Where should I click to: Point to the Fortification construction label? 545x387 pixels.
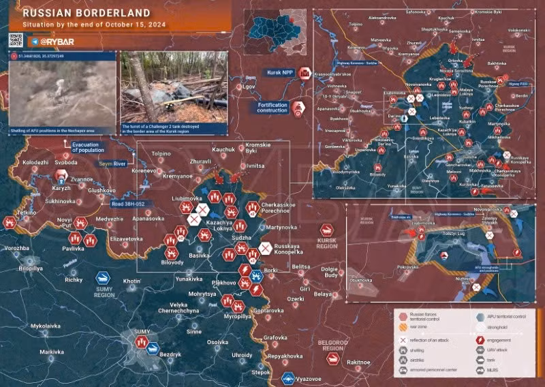272,108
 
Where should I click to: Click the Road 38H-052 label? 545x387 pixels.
128,202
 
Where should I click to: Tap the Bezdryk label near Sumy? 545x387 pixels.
170,355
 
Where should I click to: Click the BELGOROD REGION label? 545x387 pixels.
332,345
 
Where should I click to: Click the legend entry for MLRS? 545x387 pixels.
490,369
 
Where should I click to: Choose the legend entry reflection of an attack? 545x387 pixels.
429,339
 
